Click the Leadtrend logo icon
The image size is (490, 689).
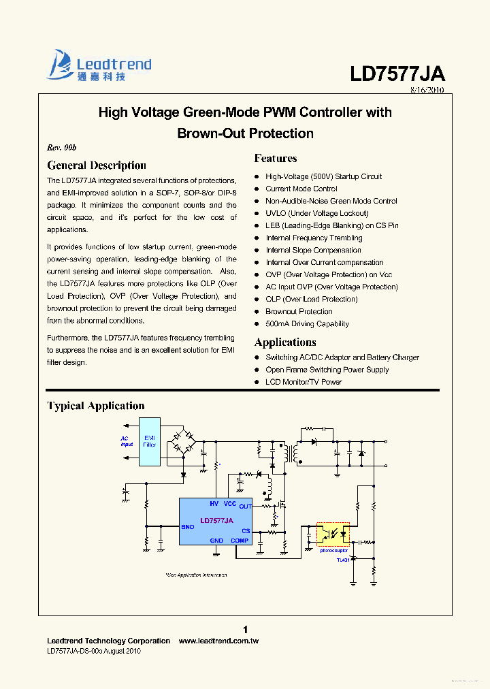[59, 65]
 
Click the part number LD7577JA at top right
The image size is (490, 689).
[397, 74]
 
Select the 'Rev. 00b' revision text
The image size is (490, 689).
[62, 148]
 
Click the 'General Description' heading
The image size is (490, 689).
[97, 165]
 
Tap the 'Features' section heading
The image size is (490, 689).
[276, 159]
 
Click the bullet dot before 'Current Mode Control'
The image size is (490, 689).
[257, 189]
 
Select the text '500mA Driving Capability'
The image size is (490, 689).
[307, 324]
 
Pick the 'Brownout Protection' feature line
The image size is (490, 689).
[299, 312]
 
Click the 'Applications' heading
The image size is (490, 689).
[285, 342]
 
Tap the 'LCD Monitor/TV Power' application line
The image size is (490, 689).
[304, 382]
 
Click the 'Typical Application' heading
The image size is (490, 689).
[96, 406]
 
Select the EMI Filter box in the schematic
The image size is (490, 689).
[150, 441]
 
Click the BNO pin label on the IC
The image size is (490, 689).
[187, 527]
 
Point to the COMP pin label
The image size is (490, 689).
[240, 541]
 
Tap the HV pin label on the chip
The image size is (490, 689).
[214, 503]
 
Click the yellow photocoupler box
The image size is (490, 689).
[333, 533]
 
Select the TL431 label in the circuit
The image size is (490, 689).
[342, 560]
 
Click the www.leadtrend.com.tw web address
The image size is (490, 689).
[218, 641]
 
